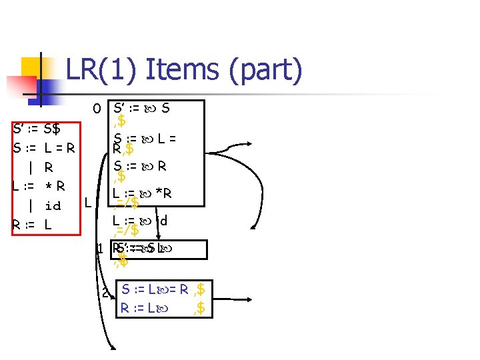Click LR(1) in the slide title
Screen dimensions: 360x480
tap(99, 69)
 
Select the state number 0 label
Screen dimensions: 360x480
tap(97, 108)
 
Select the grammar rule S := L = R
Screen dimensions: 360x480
tap(43, 147)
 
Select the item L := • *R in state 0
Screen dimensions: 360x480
tap(143, 193)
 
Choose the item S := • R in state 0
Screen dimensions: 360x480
tap(139, 165)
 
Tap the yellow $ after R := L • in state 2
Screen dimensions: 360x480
tap(199, 308)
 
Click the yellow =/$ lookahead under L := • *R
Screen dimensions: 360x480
tap(127, 203)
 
